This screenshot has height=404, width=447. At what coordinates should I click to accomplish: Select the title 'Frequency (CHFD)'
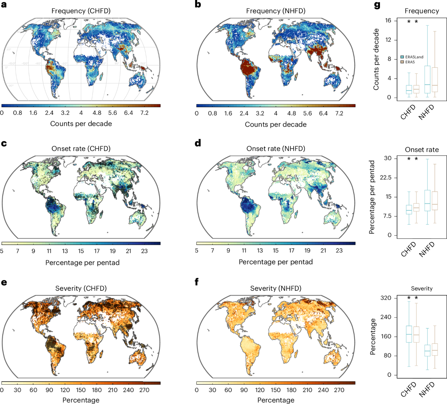[x=81, y=11]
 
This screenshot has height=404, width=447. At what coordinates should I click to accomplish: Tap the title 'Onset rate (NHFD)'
[x=276, y=149]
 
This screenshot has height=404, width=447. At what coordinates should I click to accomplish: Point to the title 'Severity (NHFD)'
[x=276, y=289]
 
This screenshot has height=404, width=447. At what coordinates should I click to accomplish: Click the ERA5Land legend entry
[x=412, y=57]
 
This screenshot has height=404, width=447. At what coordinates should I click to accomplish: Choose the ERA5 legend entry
[x=408, y=62]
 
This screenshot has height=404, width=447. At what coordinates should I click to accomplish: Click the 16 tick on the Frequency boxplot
[x=388, y=20]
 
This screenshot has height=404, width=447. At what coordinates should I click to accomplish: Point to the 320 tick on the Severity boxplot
[x=386, y=298]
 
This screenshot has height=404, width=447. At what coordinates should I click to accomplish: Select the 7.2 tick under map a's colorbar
[x=144, y=113]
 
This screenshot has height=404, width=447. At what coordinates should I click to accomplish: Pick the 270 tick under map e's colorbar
[x=144, y=390]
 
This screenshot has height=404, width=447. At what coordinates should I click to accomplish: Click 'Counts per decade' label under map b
[x=276, y=124]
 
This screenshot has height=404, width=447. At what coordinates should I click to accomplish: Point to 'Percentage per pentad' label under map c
[x=82, y=263]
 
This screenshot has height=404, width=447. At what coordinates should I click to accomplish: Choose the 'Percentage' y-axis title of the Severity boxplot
[x=373, y=337]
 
